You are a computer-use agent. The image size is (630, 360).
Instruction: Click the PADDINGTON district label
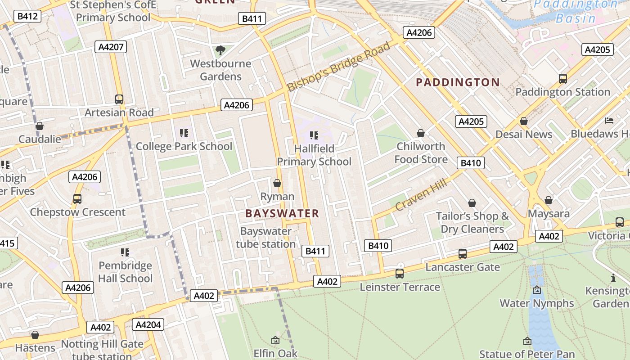point(458,82)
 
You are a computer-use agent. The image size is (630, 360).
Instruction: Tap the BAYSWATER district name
point(282,214)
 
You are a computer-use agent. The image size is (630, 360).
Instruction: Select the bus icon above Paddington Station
point(562,79)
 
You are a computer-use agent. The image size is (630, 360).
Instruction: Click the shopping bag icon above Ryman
point(277,183)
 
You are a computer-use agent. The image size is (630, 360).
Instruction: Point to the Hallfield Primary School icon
point(314,135)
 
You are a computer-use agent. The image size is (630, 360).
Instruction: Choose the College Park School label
point(184,146)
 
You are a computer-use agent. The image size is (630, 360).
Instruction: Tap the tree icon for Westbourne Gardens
point(220,50)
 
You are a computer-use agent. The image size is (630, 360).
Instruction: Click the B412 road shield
point(27,17)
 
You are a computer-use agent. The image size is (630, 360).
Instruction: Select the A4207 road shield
point(111,47)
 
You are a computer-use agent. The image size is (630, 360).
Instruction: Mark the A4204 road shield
point(148,324)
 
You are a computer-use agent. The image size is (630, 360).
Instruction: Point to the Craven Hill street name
point(421,194)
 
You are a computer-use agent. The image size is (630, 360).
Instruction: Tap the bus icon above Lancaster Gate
point(462,254)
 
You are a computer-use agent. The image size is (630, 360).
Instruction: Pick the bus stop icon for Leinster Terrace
point(399,273)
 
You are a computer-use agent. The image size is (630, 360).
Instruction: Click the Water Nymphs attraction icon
point(536,290)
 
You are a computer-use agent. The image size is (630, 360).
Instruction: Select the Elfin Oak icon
point(275,340)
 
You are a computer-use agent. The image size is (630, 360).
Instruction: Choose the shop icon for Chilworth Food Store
point(421,133)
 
